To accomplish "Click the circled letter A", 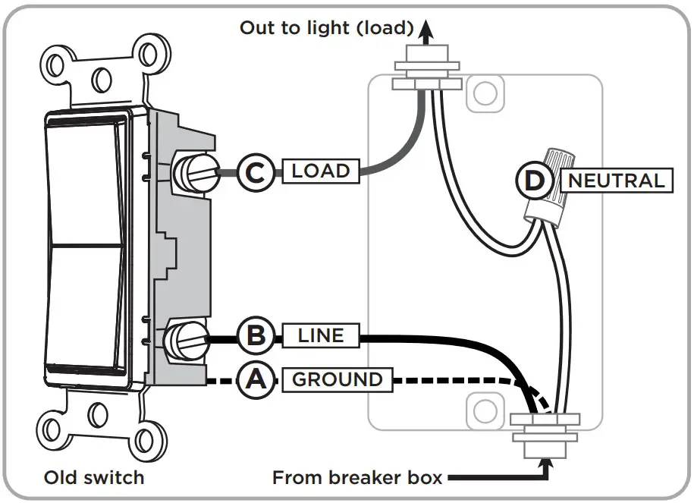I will coord(257,379).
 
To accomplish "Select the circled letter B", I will coord(257,335).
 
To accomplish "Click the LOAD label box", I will coord(321,171).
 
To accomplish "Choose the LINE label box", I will coord(321,335).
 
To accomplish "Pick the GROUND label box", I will coord(338,379).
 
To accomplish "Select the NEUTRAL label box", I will coord(616,181).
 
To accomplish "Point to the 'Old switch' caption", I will coord(94,478).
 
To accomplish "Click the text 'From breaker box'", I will coord(357,478).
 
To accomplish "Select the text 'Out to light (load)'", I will coord(327,28).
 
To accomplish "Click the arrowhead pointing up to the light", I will coord(427,30).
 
